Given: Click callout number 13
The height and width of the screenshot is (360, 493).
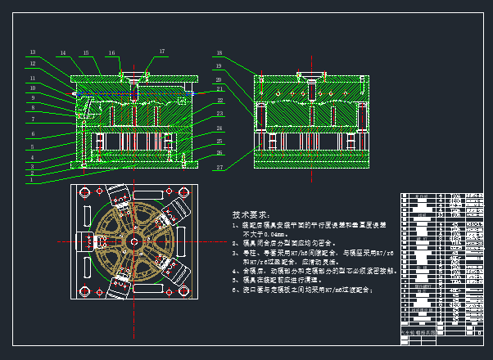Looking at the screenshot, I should pos(34,52).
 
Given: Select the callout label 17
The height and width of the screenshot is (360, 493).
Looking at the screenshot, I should pos(161,52).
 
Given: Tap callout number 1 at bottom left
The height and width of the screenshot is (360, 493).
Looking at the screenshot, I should pos(32,179).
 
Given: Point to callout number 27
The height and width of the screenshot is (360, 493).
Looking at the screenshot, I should pos(219,167).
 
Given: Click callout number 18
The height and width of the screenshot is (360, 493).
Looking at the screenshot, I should pos(219,52).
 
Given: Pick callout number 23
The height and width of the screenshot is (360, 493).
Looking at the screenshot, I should pos(219,114).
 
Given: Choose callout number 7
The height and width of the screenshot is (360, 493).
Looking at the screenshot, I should pos(33,119).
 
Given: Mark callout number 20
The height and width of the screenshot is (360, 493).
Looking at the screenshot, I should pos(219,79).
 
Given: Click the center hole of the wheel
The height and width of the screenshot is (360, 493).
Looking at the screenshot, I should pos(132,241).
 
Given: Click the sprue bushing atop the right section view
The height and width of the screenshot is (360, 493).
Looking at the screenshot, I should pos(310,79).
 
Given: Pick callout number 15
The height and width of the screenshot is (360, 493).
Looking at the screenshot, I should pos(86,52).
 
